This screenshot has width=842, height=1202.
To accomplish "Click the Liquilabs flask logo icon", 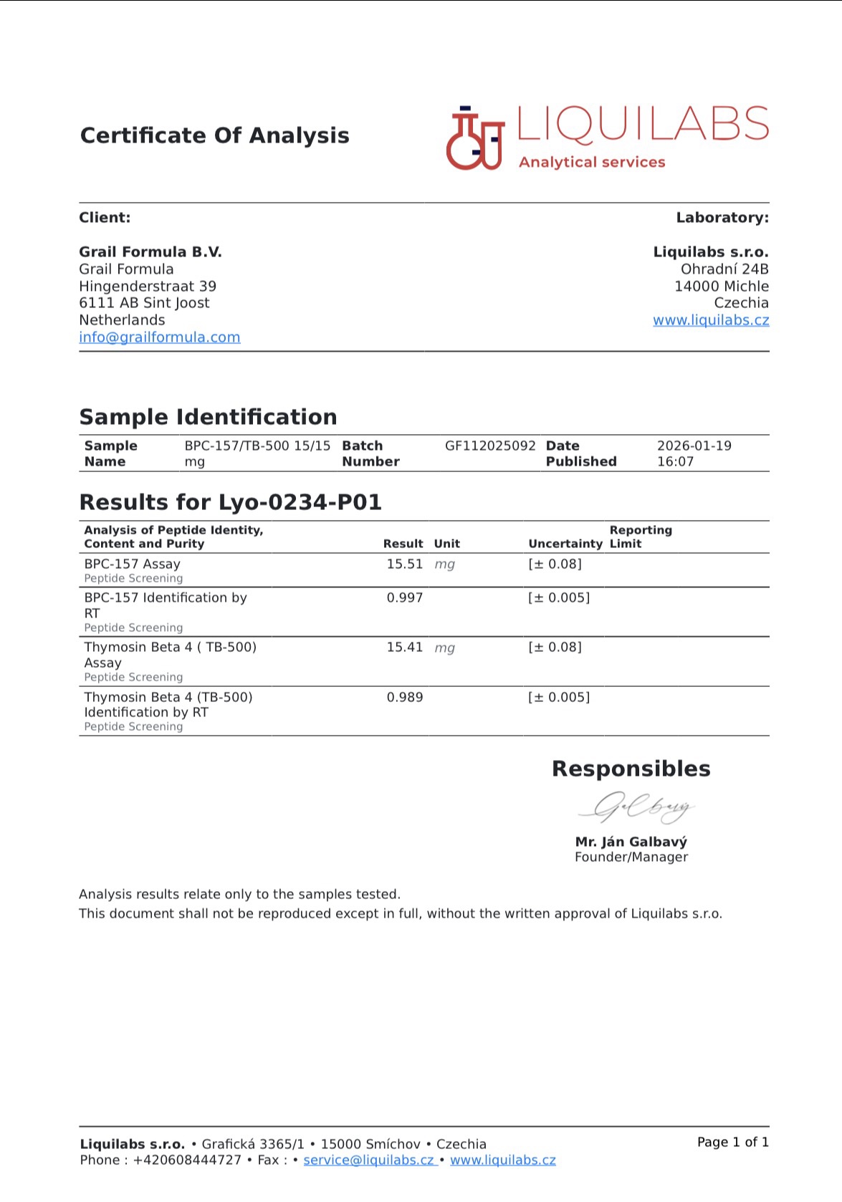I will coord(474,138).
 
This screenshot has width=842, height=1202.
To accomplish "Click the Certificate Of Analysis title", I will coord(214,135).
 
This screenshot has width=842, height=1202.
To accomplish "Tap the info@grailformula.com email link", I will coord(159,337).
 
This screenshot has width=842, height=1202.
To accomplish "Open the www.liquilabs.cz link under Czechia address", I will coord(710,320).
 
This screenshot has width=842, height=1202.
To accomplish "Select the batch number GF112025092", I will coord(490,446).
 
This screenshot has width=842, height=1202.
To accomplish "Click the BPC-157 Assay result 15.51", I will coord(404,564).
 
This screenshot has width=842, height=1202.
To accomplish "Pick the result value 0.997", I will coord(404,598).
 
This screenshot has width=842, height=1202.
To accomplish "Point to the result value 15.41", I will coord(404,648).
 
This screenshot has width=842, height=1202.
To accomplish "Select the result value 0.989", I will coord(404,698).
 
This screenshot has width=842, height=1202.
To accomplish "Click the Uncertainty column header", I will coord(565,544).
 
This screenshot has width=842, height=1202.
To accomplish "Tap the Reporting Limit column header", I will coord(640,537).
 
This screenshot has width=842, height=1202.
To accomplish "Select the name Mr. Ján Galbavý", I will coord(631,842).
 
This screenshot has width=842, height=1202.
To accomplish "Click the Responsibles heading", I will coord(631,769).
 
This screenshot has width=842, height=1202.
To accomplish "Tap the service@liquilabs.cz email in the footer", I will coord(368,1160).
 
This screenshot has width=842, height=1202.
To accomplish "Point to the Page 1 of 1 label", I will coord(732,1143).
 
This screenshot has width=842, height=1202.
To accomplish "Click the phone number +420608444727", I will coord(187,1160).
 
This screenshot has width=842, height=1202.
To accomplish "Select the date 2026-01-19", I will coord(694,446).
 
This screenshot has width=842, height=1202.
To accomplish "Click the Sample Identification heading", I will coord(208,417).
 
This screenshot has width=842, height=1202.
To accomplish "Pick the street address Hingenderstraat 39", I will coord(148,287).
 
